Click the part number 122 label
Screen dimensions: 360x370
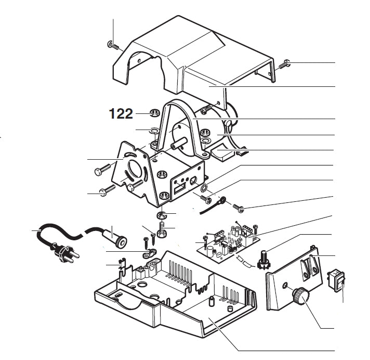[x=121, y=114]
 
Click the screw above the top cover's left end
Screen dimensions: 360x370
[x=113, y=45]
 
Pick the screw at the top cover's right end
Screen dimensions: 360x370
[x=284, y=66]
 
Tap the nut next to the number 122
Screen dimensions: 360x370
[x=154, y=113]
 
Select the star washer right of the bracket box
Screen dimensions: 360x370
[x=204, y=187]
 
